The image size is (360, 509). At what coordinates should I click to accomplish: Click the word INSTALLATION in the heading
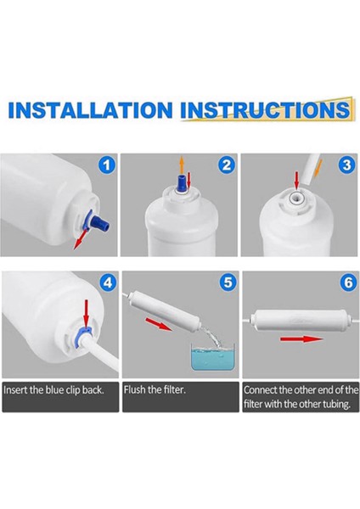(90, 110)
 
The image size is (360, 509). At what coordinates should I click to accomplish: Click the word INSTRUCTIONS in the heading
(265, 110)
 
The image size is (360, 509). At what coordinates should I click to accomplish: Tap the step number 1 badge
(107, 165)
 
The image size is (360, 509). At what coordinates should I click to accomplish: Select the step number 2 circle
(227, 165)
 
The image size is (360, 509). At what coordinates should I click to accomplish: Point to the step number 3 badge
(346, 165)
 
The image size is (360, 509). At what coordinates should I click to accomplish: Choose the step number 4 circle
(108, 282)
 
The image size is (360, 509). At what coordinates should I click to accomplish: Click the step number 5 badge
(228, 282)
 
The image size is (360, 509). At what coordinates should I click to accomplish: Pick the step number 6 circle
(348, 282)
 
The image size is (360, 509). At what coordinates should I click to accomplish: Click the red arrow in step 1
(81, 238)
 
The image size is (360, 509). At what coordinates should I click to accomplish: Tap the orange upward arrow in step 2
(182, 165)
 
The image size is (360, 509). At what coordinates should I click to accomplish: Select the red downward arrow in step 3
(295, 181)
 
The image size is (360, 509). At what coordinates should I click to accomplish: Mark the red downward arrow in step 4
(86, 314)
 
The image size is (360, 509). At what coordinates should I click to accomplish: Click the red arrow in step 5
(159, 324)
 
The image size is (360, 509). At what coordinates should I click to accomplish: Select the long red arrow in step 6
(302, 339)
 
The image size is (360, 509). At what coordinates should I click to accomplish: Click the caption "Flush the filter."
(155, 389)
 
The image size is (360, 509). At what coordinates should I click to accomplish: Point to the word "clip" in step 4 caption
(73, 389)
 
